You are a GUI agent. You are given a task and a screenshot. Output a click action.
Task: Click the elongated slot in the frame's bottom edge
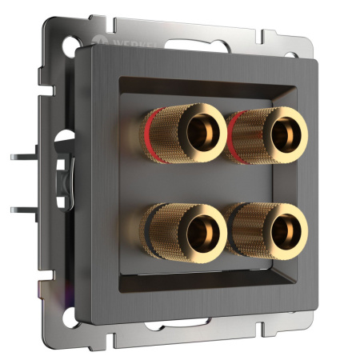pyautogui.click(x=167, y=329)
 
